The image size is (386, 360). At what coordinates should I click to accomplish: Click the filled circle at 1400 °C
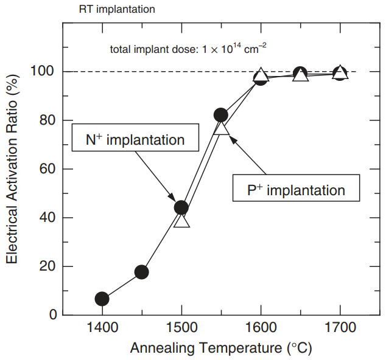[x=102, y=299]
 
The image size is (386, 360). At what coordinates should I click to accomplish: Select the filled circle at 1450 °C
[x=141, y=272]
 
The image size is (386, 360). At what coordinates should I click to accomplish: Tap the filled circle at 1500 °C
[x=181, y=207]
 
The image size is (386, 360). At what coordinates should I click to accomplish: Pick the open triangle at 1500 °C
[x=181, y=220]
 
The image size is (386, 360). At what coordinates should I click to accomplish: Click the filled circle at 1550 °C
[x=220, y=115]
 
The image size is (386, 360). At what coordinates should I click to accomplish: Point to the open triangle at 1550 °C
[x=222, y=126]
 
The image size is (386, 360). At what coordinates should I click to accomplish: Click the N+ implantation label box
[x=136, y=139]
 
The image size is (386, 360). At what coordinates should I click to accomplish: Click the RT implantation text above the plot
[x=117, y=10]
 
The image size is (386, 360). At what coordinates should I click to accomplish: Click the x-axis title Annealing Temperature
[x=220, y=349]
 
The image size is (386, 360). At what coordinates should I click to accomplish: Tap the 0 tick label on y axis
[x=53, y=315]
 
